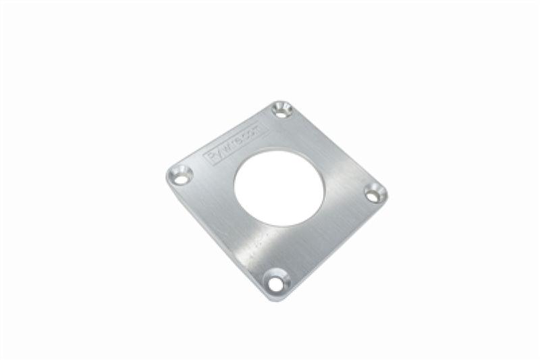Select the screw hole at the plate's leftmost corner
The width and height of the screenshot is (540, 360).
pyautogui.click(x=180, y=176)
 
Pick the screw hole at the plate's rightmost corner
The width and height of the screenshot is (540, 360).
pyautogui.click(x=375, y=193)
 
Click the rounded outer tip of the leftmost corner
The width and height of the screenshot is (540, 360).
pyautogui.click(x=167, y=176)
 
